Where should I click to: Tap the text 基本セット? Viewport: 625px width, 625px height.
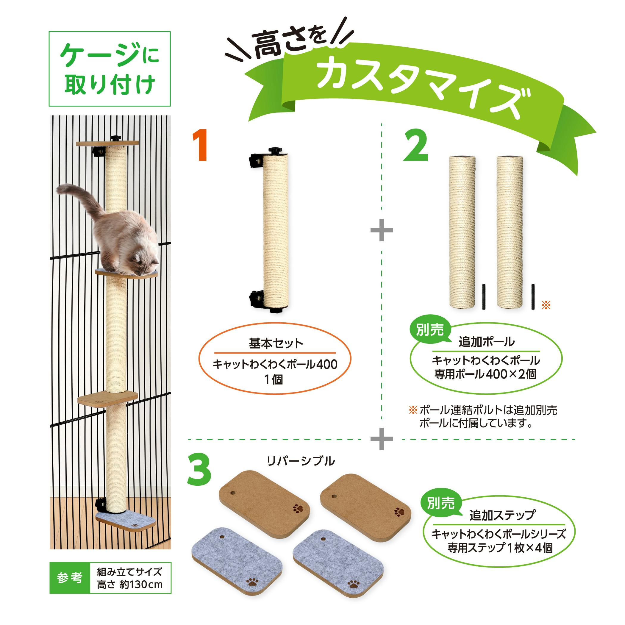pyautogui.click(x=276, y=343)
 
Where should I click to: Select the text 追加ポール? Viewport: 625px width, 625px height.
pyautogui.click(x=487, y=342)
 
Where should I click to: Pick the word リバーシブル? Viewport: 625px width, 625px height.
pyautogui.click(x=301, y=461)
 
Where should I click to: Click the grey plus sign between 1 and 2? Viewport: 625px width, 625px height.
pyautogui.click(x=382, y=230)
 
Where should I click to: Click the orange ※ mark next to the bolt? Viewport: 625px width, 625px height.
pyautogui.click(x=546, y=305)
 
